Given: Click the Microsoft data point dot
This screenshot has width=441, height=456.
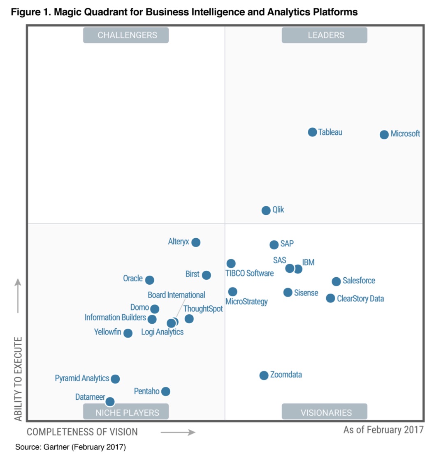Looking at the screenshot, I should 384,134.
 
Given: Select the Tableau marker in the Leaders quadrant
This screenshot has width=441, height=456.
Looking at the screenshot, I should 312,132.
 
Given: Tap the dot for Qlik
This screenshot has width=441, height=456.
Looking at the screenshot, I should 266,210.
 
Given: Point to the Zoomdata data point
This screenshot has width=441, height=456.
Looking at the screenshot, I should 264,375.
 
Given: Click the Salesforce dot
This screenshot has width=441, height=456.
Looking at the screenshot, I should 336,281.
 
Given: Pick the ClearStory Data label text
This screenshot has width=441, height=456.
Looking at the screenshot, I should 360,299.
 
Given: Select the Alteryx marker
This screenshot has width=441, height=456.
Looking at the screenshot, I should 196,242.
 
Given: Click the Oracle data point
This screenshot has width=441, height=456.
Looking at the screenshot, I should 150,280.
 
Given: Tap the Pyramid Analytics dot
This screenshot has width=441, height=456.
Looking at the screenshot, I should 116,379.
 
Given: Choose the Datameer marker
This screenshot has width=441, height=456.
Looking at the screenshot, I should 110,401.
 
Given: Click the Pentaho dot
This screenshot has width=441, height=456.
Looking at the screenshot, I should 165,392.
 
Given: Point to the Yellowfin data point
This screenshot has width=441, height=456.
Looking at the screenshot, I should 128,333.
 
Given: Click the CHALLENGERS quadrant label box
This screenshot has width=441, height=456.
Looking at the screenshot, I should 126,35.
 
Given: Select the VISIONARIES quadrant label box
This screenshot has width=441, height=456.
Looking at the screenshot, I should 325,412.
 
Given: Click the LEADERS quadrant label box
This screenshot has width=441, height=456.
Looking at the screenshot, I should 325,35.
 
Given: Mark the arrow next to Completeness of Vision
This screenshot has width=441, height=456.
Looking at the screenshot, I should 178,432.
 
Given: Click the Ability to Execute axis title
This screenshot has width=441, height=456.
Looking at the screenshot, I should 18,379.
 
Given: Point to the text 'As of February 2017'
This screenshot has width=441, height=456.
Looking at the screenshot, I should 383,430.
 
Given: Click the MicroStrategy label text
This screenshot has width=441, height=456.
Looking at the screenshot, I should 247,302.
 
